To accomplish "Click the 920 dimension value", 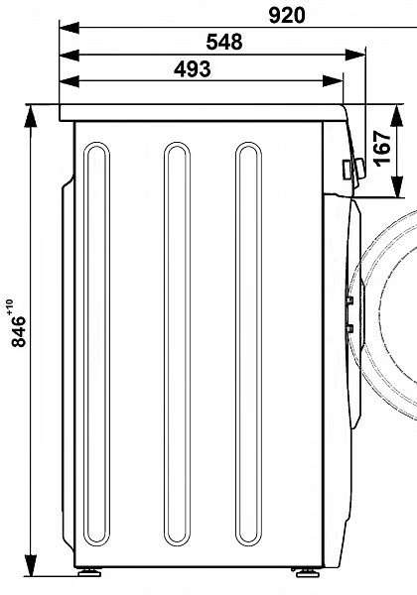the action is [287, 16].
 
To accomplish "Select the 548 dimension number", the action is [224, 42].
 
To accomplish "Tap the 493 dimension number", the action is [193, 69].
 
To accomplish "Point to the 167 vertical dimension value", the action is [383, 148].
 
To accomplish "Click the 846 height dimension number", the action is [19, 331].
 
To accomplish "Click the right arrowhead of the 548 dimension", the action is [355, 55].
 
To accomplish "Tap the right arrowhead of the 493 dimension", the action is [333, 81].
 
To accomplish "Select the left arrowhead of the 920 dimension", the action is [69, 28].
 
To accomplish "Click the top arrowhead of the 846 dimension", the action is [31, 116].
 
